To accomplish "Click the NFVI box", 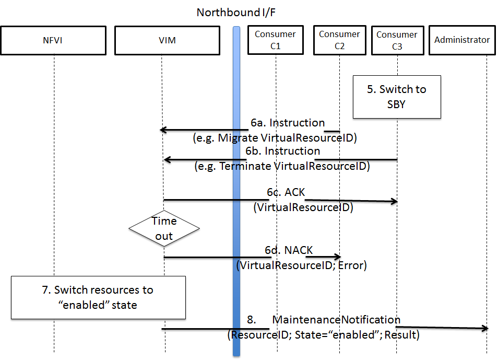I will tap(53, 40).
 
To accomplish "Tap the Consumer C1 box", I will tap(275, 40).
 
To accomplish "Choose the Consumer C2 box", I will tap(339, 40).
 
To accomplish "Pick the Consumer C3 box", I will tap(397, 40).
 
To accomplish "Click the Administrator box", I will tap(462, 40).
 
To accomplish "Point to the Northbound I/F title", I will tap(236, 12).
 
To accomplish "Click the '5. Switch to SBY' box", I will tap(397, 97).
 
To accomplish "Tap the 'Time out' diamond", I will tap(164, 229).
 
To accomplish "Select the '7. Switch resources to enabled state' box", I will tap(98, 297).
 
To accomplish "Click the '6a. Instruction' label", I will tap(287, 123).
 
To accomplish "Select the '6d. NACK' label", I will tap(288, 250).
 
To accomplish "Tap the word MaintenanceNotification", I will tap(336, 319).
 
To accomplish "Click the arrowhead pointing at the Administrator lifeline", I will tap(485, 328).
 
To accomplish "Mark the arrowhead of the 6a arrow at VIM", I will tap(163, 130).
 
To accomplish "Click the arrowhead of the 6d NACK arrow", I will tap(338, 257).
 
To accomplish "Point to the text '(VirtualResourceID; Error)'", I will tap(302, 265).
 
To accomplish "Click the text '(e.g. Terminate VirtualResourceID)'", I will tap(282, 167).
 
